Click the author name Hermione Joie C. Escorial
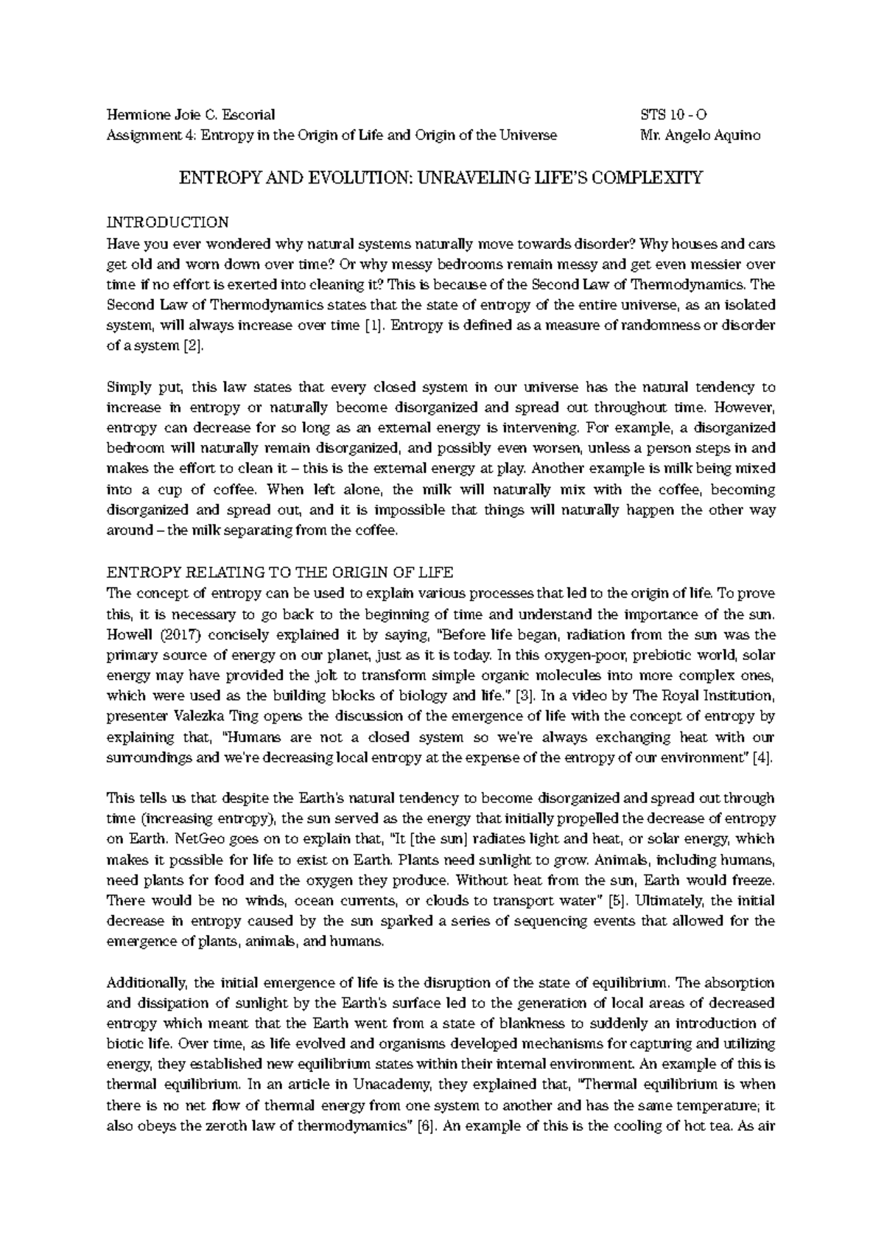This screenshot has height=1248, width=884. click(x=191, y=114)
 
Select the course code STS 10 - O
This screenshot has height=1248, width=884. click(x=675, y=114)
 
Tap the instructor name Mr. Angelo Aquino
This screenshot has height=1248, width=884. click(x=701, y=135)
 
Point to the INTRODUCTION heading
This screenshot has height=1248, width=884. click(x=168, y=222)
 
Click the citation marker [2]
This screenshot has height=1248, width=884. click(x=192, y=346)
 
